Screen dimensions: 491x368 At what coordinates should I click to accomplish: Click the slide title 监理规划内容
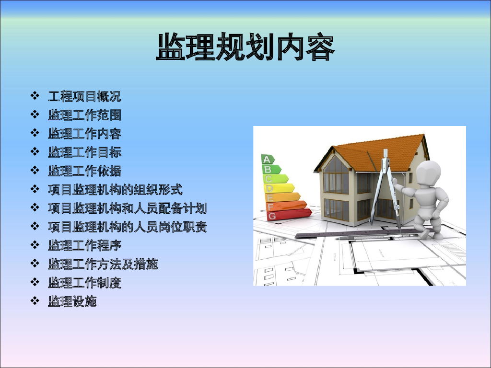click(x=245, y=47)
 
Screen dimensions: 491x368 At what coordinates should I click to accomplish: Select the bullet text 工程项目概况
click(x=84, y=96)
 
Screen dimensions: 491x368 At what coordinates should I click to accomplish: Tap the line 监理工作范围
click(x=84, y=115)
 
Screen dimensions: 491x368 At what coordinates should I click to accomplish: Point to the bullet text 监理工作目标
click(x=84, y=152)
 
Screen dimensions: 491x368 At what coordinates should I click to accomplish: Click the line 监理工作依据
click(x=84, y=171)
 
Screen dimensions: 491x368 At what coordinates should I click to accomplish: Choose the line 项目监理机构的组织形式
click(x=115, y=189)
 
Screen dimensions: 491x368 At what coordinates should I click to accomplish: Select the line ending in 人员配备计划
click(x=128, y=208)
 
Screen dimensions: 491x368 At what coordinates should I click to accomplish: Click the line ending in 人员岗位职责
click(x=128, y=227)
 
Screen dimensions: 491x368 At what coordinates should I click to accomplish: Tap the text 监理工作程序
click(x=84, y=245)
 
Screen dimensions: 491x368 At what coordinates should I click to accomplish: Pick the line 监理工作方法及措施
click(x=103, y=264)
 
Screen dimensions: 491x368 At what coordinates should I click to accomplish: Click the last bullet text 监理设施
click(x=72, y=301)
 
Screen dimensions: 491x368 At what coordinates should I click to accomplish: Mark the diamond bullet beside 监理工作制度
click(x=35, y=282)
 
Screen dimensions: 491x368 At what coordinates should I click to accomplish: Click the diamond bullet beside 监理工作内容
click(x=35, y=133)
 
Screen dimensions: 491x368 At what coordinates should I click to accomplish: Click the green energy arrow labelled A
click(x=268, y=159)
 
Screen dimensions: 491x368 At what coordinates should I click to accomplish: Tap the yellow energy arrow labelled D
click(x=280, y=188)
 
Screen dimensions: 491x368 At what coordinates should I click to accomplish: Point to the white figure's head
click(x=428, y=173)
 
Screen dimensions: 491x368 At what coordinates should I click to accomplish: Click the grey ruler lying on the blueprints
click(x=357, y=233)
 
